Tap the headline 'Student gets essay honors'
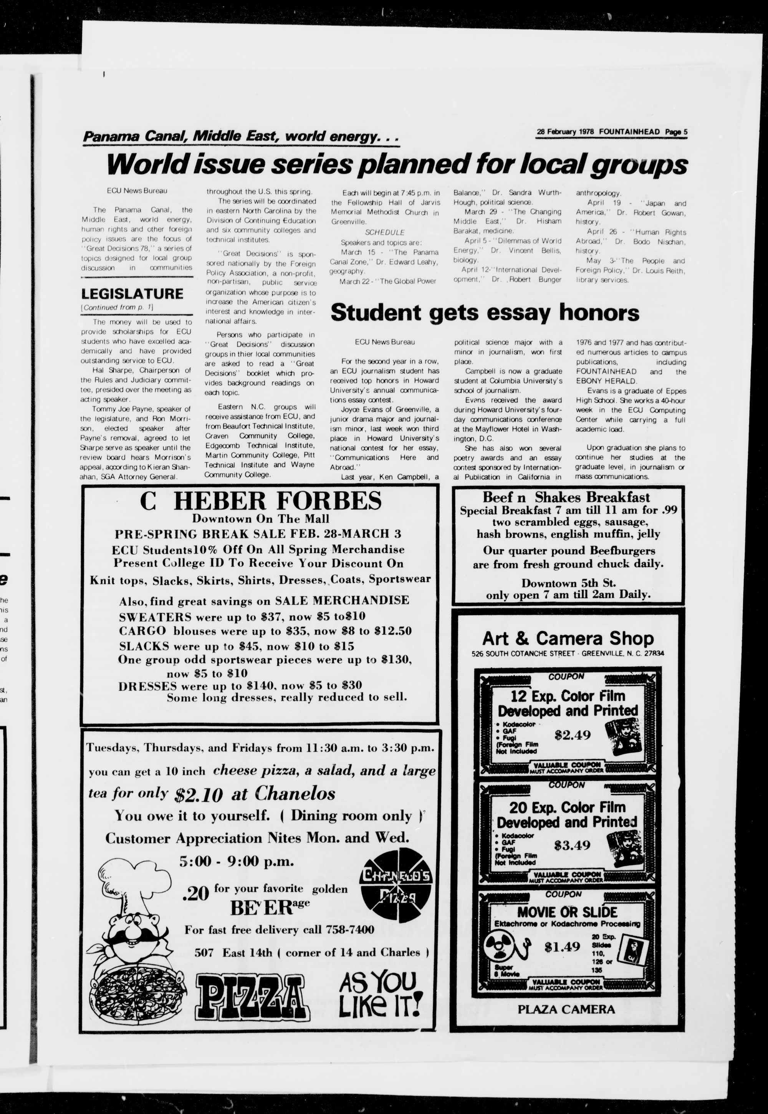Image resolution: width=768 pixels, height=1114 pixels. click(485, 313)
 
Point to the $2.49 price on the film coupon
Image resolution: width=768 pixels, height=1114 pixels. click(572, 735)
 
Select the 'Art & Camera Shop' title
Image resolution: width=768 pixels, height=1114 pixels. click(568, 638)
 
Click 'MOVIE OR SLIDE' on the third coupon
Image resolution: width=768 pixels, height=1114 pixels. click(567, 912)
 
